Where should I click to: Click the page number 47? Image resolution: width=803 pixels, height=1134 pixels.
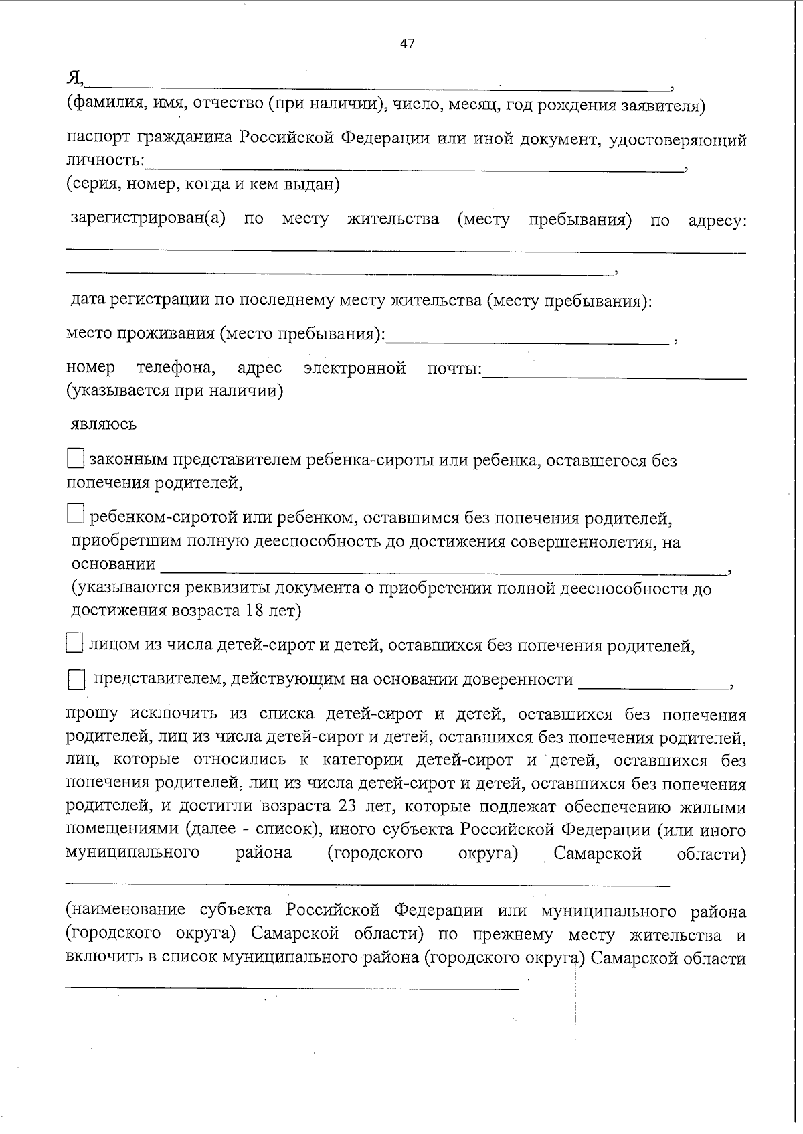(x=407, y=44)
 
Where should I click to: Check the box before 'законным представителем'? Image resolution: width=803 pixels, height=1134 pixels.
(x=76, y=459)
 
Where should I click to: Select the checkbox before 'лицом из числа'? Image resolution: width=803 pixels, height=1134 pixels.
(x=74, y=644)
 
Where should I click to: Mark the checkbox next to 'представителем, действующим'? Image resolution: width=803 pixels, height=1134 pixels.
(x=76, y=681)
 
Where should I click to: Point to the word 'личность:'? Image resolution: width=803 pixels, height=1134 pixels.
(x=104, y=161)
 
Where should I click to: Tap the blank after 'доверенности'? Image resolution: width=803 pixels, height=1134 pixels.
(x=653, y=682)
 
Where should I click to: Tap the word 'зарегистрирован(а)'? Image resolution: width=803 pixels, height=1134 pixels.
(x=148, y=220)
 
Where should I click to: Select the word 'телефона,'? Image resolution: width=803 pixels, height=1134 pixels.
(x=176, y=368)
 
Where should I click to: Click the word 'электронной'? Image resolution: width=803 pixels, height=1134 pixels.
(x=355, y=368)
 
